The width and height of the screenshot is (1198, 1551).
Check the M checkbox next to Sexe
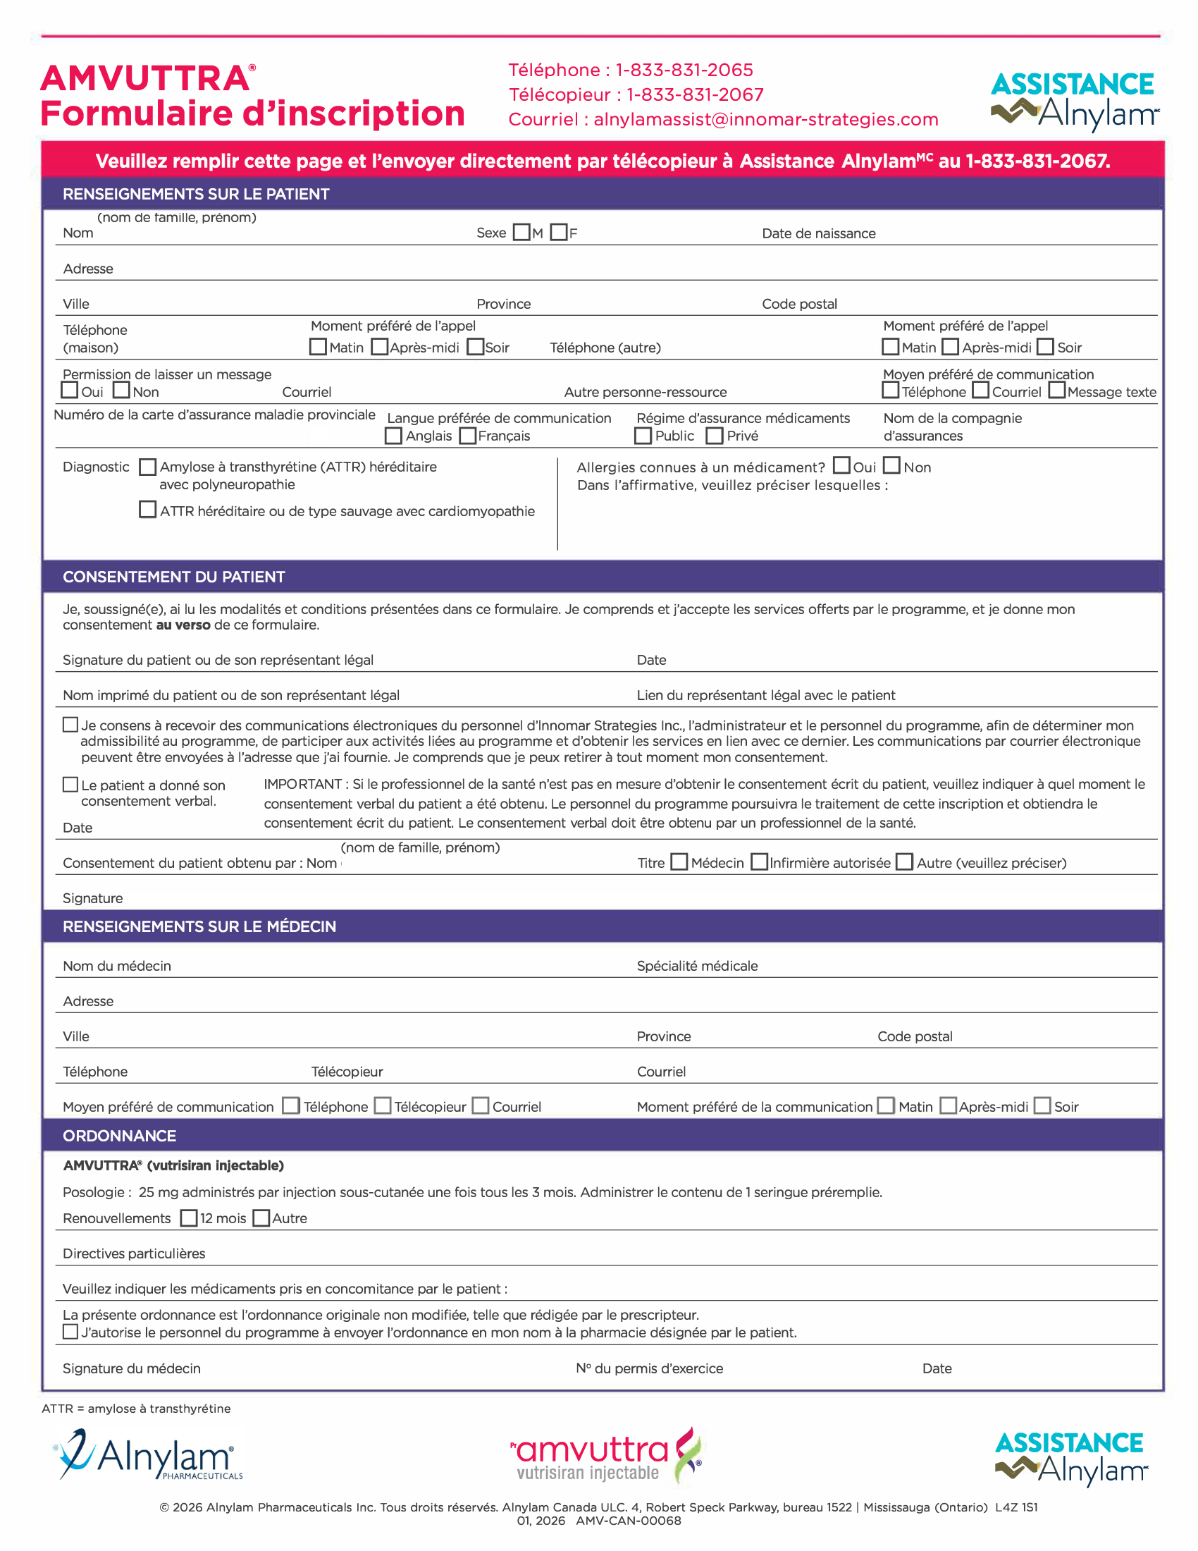(521, 232)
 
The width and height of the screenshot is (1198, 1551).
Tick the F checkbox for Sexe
(560, 232)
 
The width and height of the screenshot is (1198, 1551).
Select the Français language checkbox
(468, 435)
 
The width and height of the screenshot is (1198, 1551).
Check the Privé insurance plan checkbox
(715, 435)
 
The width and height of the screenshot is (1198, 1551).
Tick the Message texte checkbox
(1057, 391)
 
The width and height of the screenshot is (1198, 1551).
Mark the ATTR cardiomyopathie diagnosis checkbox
(147, 510)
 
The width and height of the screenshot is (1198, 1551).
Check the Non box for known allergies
(892, 466)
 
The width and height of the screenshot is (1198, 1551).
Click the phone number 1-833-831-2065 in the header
(684, 70)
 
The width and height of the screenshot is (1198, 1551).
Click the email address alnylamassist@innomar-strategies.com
(766, 119)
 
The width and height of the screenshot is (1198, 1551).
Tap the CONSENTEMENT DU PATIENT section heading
(174, 577)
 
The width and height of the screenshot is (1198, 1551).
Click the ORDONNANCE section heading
(119, 1136)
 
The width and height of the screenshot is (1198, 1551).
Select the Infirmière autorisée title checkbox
(760, 862)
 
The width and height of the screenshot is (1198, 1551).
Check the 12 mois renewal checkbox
(189, 1218)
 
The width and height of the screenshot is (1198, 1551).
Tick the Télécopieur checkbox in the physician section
(383, 1105)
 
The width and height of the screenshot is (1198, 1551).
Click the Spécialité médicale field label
(697, 966)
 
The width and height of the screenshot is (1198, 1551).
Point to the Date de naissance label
(818, 233)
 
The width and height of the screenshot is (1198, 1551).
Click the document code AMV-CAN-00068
(628, 1521)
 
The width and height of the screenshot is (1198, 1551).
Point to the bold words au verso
(183, 625)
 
